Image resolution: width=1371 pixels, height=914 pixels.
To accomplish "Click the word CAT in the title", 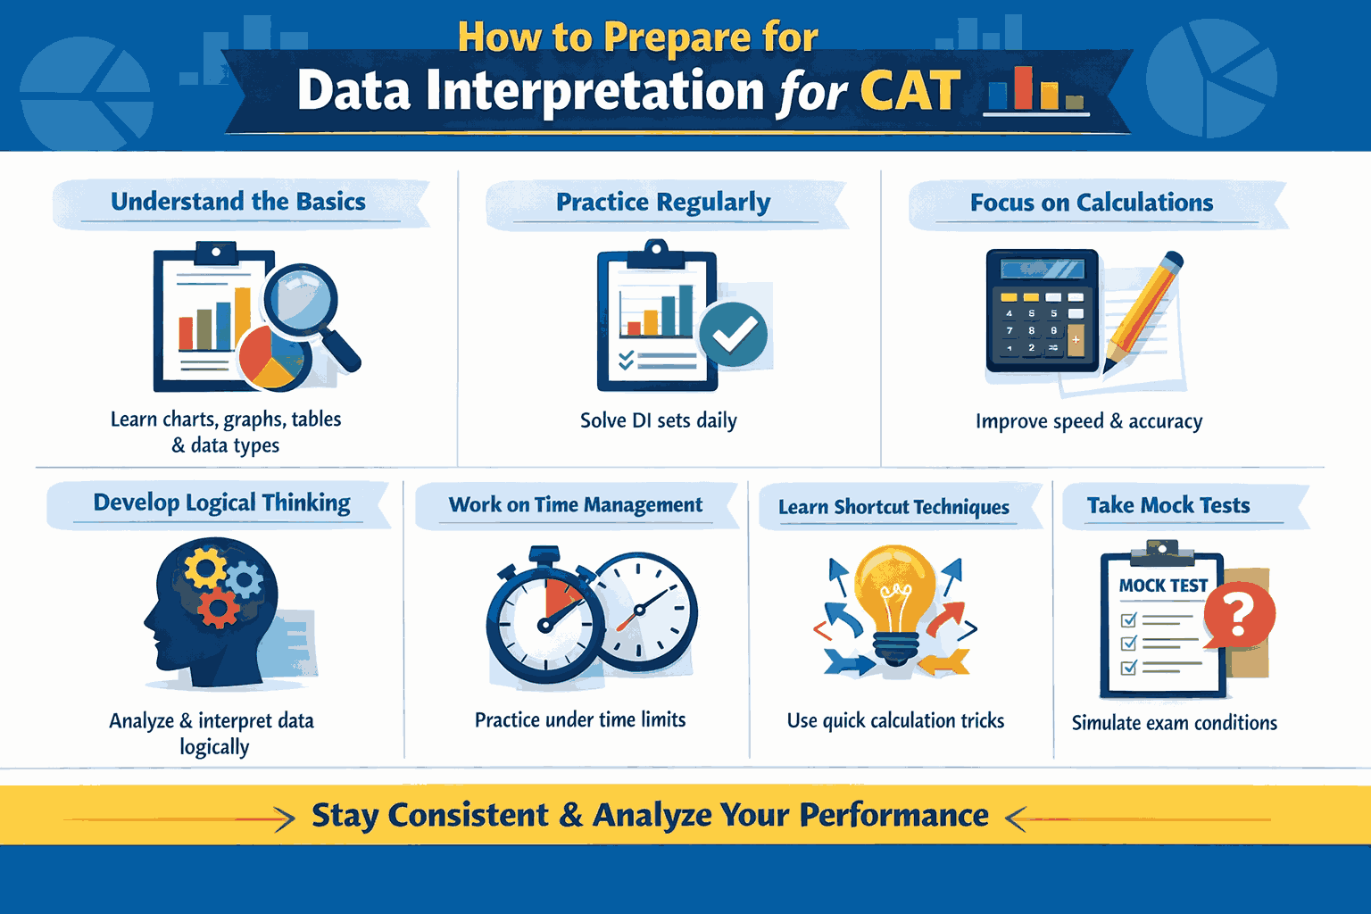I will tap(910, 91).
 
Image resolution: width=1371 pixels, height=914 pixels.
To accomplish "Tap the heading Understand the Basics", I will tap(237, 202).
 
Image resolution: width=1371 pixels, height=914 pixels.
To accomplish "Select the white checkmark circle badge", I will tap(733, 335).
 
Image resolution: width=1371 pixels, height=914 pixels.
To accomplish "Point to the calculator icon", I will tap(1042, 310).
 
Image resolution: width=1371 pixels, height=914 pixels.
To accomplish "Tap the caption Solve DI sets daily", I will tap(658, 420).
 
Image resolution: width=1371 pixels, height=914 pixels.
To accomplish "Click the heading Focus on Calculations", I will tap(1091, 203).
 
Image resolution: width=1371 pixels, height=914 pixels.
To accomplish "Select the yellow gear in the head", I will tap(205, 569).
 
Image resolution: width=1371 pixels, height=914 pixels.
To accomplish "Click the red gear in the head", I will tap(218, 608).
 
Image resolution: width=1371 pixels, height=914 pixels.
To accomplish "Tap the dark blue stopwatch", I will tap(545, 623).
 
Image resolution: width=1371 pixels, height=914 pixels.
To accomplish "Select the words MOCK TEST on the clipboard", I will tap(1162, 586).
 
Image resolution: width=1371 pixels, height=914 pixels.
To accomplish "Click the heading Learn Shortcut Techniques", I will tap(893, 507).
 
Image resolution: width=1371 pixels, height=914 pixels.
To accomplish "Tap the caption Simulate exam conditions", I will tap(1174, 723).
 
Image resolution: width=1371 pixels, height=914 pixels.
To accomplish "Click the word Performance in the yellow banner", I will tap(893, 815).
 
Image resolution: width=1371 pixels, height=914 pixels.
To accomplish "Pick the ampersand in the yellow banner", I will tap(571, 816).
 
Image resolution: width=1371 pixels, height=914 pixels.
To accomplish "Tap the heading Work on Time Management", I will tap(576, 505).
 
